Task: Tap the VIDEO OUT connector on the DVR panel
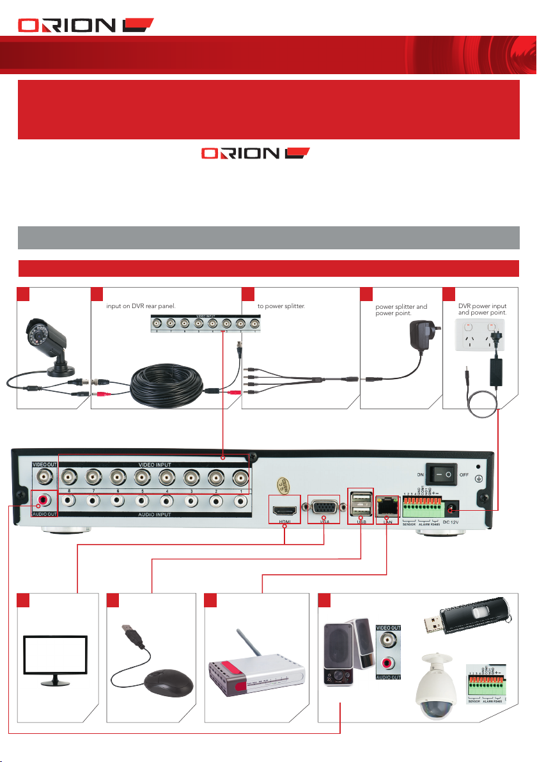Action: [x=45, y=476]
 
